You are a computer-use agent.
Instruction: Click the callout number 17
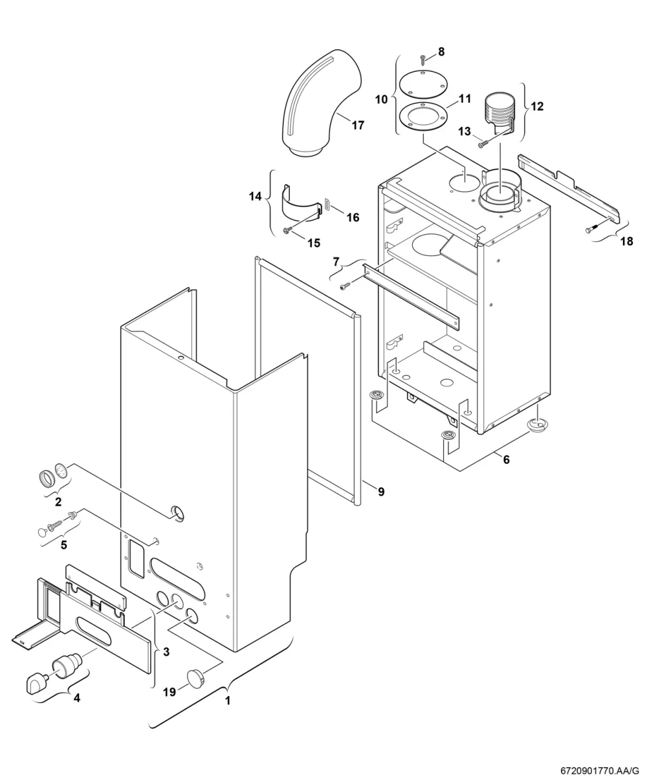[x=358, y=125]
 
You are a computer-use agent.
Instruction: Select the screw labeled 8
[x=423, y=59]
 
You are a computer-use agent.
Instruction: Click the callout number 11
[x=465, y=99]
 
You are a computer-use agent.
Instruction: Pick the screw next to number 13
[x=483, y=144]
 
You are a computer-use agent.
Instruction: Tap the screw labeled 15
[x=288, y=230]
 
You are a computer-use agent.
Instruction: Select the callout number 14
[x=255, y=196]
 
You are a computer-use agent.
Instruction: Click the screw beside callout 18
[x=591, y=230]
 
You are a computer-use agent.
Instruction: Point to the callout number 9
[x=381, y=492]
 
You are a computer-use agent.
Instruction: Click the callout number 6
[x=506, y=459]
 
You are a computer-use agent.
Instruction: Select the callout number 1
[x=227, y=700]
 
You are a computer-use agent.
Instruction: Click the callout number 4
[x=77, y=697]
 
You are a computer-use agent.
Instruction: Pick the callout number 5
[x=63, y=545]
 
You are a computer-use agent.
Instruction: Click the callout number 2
[x=58, y=501]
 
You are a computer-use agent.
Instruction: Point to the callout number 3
[x=166, y=652]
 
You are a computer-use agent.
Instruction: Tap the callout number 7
[x=336, y=261]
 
